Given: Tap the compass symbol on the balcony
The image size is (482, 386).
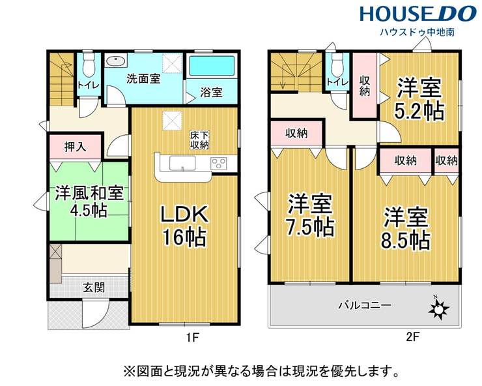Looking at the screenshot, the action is click(438, 308).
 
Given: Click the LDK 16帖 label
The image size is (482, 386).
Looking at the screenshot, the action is click(184, 226).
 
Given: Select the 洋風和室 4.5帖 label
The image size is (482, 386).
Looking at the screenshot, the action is click(89, 201).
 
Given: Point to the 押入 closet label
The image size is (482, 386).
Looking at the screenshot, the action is click(76, 147).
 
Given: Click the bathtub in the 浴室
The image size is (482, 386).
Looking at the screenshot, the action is click(212, 66).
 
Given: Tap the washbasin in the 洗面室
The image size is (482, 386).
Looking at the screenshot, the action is click(116, 61).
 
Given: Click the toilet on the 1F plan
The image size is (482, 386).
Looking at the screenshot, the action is click(89, 65).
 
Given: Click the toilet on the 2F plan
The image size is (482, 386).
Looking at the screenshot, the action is click(337, 65).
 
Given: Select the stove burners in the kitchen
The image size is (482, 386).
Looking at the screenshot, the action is click(219, 163).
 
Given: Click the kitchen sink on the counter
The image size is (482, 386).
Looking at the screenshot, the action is click(182, 163).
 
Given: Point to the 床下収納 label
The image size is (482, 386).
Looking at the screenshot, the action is click(199, 140).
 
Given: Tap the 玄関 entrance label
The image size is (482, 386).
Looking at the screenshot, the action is click(94, 288).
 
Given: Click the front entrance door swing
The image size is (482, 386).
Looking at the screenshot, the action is click(96, 312).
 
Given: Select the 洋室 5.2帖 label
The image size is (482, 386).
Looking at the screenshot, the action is click(419, 99).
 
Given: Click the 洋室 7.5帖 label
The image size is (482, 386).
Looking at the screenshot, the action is click(310, 215).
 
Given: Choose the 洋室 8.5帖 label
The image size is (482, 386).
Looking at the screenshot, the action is click(406, 228).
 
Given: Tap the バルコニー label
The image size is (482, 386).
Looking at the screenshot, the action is click(365, 305).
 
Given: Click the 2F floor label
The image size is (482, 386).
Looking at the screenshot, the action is click(412, 337).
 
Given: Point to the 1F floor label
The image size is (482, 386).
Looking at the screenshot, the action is click(193, 338).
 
